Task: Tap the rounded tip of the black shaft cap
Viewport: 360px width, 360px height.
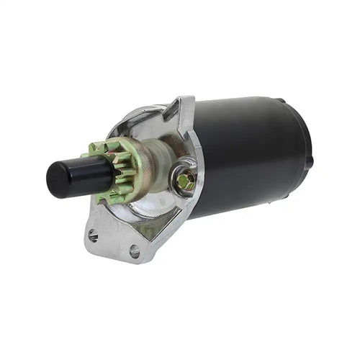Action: tap(52, 180)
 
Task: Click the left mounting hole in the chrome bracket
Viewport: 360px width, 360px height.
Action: tap(93, 235)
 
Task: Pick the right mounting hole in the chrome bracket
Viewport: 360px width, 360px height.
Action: tap(135, 251)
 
